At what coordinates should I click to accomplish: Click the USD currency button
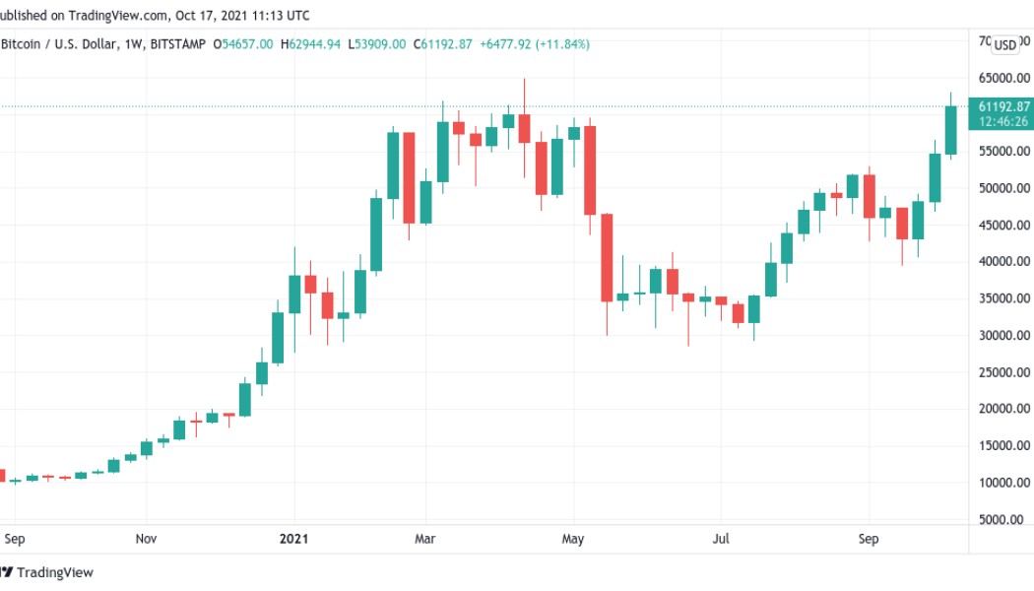tap(1004, 45)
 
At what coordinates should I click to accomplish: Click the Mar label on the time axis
tap(424, 539)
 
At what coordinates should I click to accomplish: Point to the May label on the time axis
tap(573, 539)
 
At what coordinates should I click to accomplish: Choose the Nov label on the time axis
tap(146, 539)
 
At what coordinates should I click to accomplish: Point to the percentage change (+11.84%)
tap(560, 44)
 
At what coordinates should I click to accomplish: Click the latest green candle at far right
tap(950, 130)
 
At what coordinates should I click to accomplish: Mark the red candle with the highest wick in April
tap(524, 128)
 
